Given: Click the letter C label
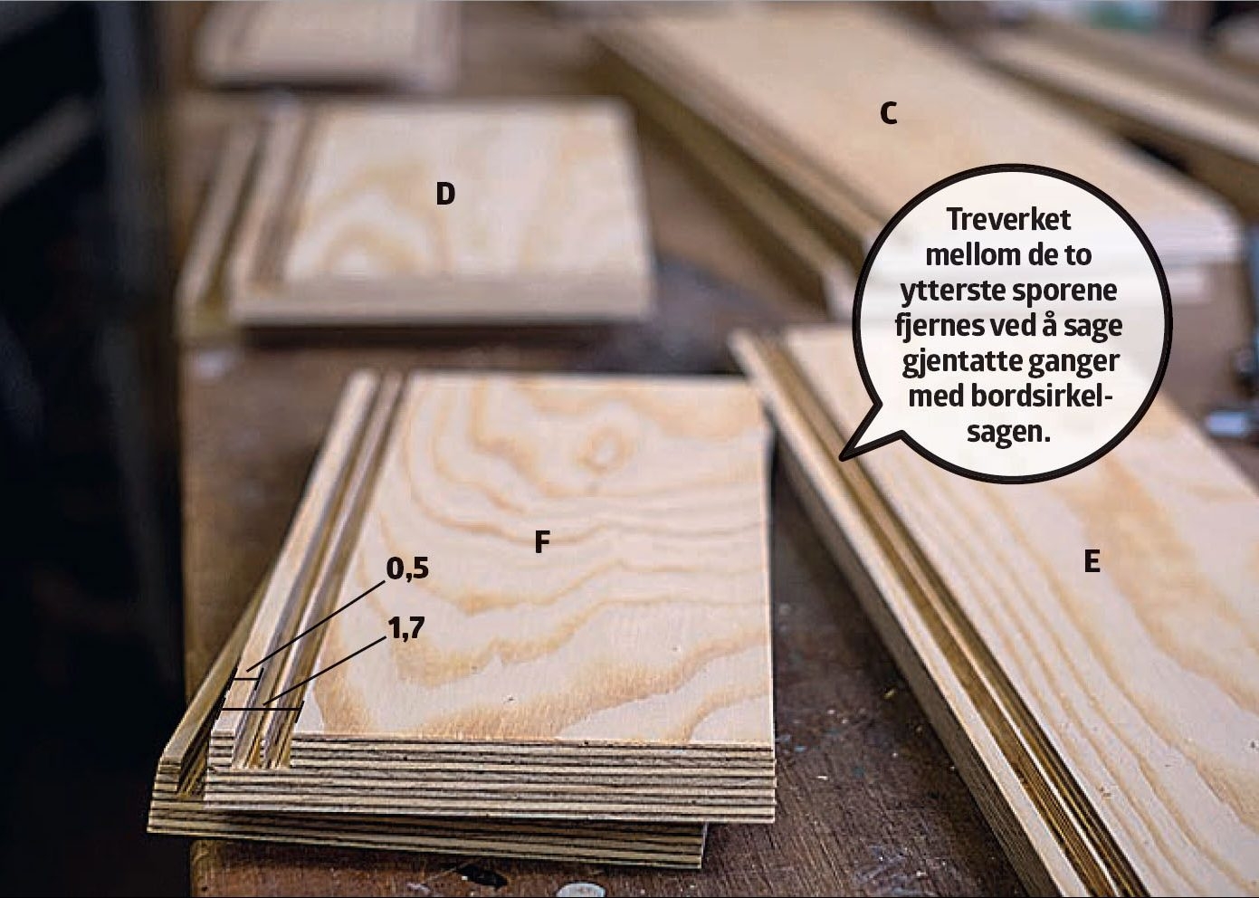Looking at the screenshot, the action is tap(888, 114).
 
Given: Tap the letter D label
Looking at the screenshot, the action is tap(445, 195).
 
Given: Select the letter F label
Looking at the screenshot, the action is tap(541, 542).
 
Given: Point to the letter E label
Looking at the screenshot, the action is tap(1092, 562).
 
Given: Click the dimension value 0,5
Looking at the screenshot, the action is tap(407, 569).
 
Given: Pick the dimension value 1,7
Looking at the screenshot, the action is tap(405, 627).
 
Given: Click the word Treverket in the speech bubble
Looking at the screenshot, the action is tap(1008, 219).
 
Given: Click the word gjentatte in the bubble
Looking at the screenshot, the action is tap(953, 363).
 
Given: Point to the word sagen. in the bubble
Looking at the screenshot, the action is tap(1008, 433).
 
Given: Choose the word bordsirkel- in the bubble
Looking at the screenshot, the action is tap(1054, 397).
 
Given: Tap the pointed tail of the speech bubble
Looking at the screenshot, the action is tap(842, 459).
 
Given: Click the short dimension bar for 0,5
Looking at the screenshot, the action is tap(245, 679).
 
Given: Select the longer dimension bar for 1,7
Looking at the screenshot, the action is tap(261, 709).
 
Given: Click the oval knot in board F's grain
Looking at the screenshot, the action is tap(605, 451).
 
